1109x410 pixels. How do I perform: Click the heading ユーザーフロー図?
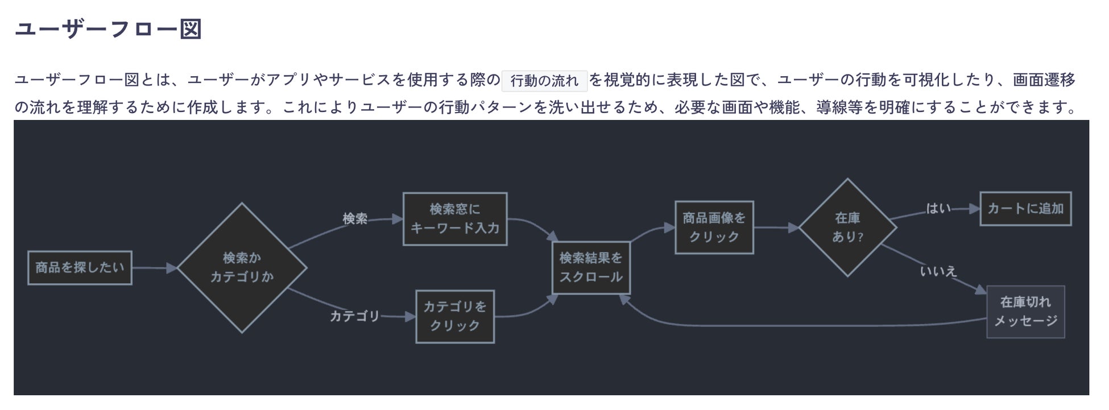[108, 29]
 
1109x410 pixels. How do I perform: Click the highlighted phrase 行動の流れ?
[544, 81]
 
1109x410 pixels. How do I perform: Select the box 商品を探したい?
[80, 268]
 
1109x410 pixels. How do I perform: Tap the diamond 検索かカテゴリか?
[242, 268]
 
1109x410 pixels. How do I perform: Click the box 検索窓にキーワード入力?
[455, 219]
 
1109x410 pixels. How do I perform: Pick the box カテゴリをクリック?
[455, 317]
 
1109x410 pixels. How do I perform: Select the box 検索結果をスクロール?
[591, 268]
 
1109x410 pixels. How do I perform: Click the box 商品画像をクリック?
[714, 227]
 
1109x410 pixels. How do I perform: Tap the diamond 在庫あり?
[847, 227]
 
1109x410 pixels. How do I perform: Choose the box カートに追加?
[1025, 209]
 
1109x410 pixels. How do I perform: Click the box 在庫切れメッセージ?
[1025, 312]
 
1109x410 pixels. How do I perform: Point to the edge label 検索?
[355, 219]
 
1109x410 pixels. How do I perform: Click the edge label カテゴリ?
[355, 316]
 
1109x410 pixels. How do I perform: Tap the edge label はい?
[938, 209]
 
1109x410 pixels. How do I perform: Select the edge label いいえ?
[938, 271]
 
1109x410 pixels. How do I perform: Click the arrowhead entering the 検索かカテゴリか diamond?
[172, 268]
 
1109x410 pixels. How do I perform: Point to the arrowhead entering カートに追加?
[974, 209]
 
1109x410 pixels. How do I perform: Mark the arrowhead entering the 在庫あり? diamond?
[793, 228]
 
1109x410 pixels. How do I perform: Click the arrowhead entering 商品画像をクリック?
[669, 228]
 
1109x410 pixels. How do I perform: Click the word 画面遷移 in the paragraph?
[1044, 80]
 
